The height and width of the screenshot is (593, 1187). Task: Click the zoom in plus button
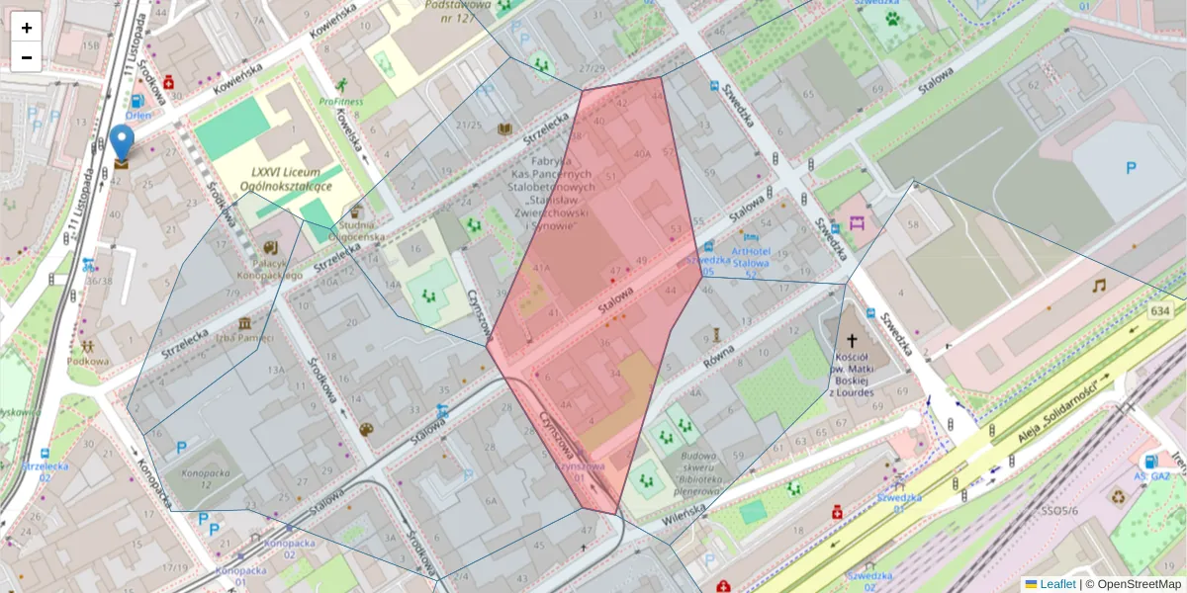(27, 28)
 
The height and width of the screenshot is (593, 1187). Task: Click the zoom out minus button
(27, 57)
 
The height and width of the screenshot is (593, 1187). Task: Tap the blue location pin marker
(122, 144)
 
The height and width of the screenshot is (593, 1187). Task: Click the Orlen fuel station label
(137, 114)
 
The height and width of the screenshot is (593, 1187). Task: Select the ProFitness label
(341, 101)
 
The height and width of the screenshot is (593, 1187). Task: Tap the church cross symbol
(852, 338)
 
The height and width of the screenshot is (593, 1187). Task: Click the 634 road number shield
(1163, 311)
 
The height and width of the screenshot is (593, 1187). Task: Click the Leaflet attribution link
(1057, 584)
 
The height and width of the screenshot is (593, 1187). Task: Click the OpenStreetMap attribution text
(1139, 584)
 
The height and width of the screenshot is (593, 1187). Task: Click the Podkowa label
(89, 361)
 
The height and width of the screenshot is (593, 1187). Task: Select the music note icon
(1098, 286)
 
